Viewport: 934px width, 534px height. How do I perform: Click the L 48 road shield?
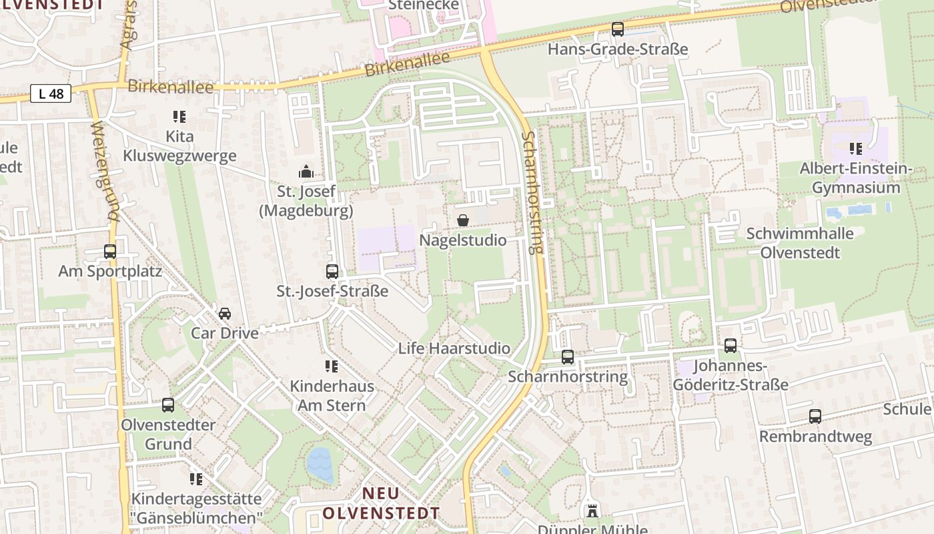(51, 93)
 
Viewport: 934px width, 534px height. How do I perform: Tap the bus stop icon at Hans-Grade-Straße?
(618, 29)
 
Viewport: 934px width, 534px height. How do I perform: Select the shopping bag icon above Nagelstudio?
(463, 220)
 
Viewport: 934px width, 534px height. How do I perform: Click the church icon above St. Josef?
(306, 172)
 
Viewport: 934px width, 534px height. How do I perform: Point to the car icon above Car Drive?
(225, 313)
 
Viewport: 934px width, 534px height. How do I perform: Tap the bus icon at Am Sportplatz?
(110, 252)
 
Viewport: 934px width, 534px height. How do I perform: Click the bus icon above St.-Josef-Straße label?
(332, 271)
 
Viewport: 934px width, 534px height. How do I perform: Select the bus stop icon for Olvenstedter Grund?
(168, 405)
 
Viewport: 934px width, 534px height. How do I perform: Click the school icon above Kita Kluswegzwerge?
(179, 117)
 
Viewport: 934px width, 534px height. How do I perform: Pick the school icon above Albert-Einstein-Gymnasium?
(855, 148)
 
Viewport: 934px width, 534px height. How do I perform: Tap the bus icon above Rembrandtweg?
(815, 417)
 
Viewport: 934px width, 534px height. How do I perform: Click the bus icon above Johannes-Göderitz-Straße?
(731, 346)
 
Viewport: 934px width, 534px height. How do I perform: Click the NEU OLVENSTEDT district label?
(382, 503)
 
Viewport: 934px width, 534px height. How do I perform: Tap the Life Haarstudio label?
(454, 348)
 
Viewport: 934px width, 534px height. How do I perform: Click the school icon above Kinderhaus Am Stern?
(331, 366)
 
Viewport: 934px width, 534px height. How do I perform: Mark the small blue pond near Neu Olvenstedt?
(320, 465)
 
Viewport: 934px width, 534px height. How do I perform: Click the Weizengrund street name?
(105, 172)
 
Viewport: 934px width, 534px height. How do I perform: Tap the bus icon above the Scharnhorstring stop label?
(568, 357)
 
